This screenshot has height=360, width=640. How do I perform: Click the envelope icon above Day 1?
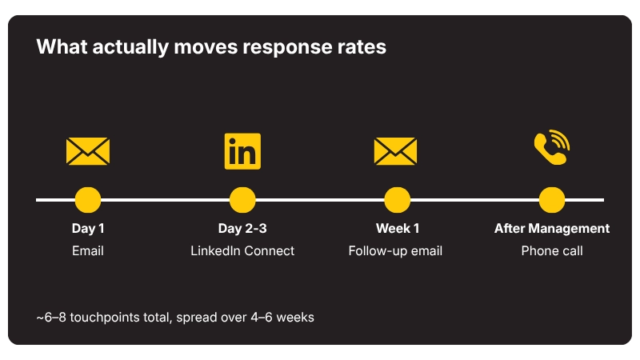click(x=88, y=151)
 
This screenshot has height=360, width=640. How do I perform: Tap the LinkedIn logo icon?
click(x=242, y=151)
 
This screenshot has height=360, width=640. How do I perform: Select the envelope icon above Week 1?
click(x=395, y=151)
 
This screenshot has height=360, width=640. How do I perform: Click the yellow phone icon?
click(x=552, y=147)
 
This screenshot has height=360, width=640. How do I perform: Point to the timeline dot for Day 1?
click(x=88, y=200)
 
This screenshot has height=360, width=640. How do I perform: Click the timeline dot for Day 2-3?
click(x=242, y=200)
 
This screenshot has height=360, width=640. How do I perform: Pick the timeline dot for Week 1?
click(x=397, y=200)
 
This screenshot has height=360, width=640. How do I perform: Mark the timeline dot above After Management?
click(x=552, y=200)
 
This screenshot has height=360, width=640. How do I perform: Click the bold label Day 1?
click(x=88, y=228)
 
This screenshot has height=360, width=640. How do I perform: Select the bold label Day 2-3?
click(x=242, y=228)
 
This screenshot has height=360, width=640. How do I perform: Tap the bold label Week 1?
click(x=398, y=228)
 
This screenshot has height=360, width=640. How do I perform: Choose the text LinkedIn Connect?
click(x=242, y=250)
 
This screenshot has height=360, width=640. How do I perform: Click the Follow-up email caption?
click(x=395, y=250)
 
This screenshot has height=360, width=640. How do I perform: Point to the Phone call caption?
click(x=552, y=250)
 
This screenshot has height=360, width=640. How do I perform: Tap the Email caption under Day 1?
click(x=88, y=250)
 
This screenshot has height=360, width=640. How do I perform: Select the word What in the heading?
click(x=62, y=46)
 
